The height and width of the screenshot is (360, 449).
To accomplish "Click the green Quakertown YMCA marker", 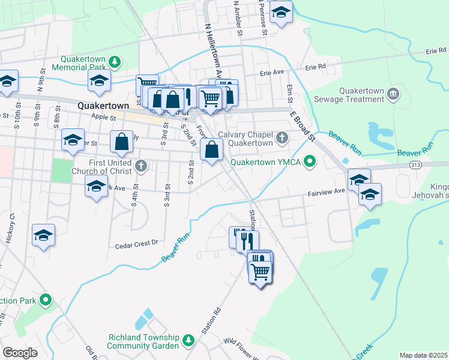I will click(310, 161).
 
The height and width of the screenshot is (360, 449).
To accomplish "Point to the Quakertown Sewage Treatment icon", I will click(393, 94).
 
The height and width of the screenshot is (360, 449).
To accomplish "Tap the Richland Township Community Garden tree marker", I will click(188, 341).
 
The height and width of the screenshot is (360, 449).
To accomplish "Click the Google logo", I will click(20, 353).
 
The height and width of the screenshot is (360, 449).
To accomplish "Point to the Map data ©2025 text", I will click(423, 355).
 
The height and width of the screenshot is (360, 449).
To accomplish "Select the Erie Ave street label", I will click(271, 73).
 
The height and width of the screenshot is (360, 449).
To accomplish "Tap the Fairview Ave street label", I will click(327, 191).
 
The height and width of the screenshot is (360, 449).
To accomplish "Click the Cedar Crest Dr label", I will click(136, 244).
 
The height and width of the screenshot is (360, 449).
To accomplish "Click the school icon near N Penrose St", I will click(280, 13).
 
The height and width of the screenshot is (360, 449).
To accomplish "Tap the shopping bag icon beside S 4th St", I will click(121, 142).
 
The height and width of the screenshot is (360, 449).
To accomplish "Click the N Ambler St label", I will click(238, 18).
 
